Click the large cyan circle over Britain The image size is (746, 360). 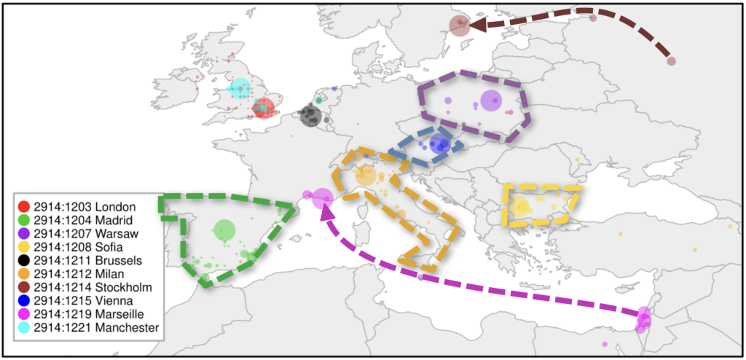tap(238, 89)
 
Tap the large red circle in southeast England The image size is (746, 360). tap(263, 109)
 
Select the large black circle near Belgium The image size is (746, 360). tap(310, 115)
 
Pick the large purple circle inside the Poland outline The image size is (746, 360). tap(492, 101)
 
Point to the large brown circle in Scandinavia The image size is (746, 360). tap(459, 26)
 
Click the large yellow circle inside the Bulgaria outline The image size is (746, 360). tap(519, 206)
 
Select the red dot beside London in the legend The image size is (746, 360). tap(24, 206)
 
